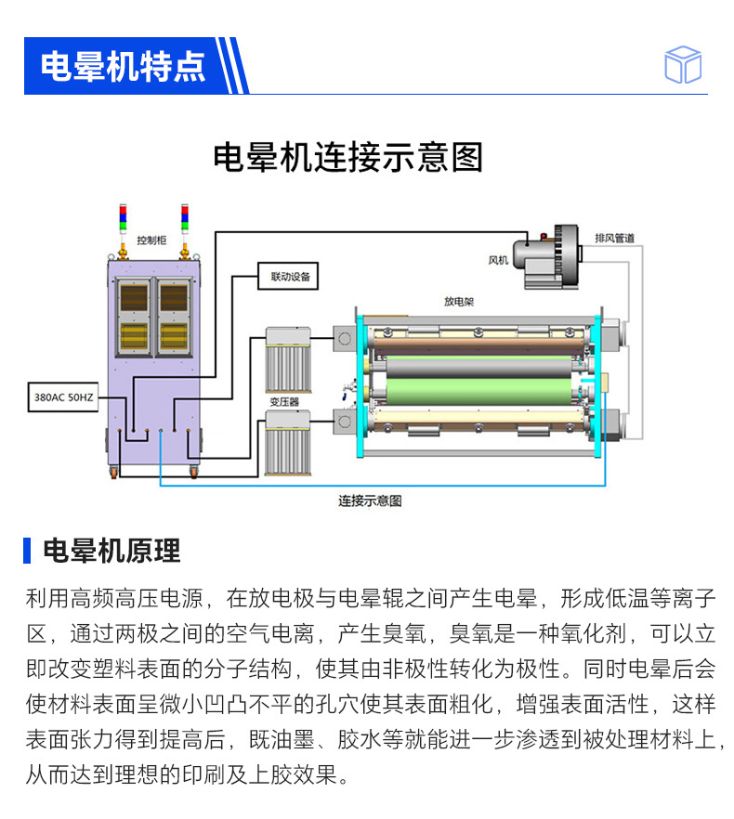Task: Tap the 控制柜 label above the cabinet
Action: click(x=151, y=240)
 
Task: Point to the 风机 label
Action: click(x=498, y=261)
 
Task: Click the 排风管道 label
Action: click(x=614, y=238)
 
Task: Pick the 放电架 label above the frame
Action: click(x=459, y=302)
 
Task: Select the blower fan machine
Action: click(x=549, y=253)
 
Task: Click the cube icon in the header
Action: click(x=683, y=65)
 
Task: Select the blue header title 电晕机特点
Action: click(x=123, y=66)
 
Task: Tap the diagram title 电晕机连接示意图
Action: click(x=348, y=157)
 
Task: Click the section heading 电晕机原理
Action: click(x=111, y=551)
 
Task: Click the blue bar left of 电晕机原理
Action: click(x=28, y=551)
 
